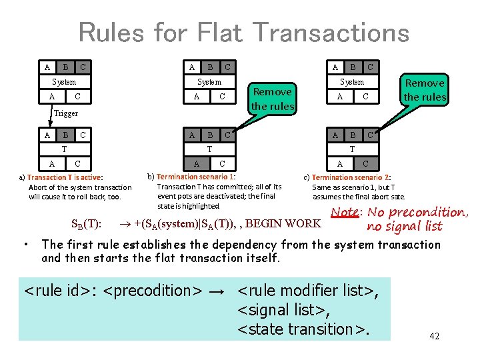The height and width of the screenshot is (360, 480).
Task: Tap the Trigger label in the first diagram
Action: pyautogui.click(x=65, y=113)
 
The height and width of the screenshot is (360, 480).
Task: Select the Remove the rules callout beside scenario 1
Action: pyautogui.click(x=273, y=99)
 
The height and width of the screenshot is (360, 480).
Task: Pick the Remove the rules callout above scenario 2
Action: pyautogui.click(x=425, y=89)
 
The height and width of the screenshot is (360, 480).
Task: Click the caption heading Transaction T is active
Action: pyautogui.click(x=65, y=177)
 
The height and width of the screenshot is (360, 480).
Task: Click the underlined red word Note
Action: pyautogui.click(x=345, y=213)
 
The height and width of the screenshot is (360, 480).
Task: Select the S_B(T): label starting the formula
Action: pyautogui.click(x=85, y=223)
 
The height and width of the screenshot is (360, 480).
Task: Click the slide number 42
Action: pyautogui.click(x=434, y=336)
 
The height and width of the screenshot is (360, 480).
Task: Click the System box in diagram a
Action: pyautogui.click(x=64, y=82)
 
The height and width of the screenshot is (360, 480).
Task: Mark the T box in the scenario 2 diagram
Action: pyautogui.click(x=352, y=149)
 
